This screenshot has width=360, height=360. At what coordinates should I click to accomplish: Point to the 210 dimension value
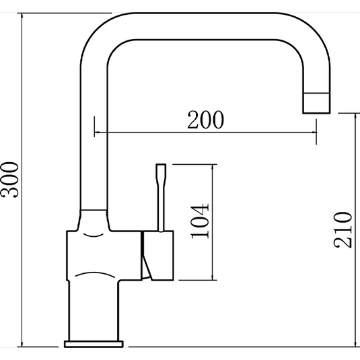pyautogui.click(x=343, y=229)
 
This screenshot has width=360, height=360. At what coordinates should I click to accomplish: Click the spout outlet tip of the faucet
pyautogui.click(x=316, y=103)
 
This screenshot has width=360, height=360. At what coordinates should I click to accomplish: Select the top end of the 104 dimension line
pyautogui.click(x=213, y=164)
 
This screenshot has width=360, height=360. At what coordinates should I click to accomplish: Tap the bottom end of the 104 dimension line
pyautogui.click(x=213, y=279)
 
